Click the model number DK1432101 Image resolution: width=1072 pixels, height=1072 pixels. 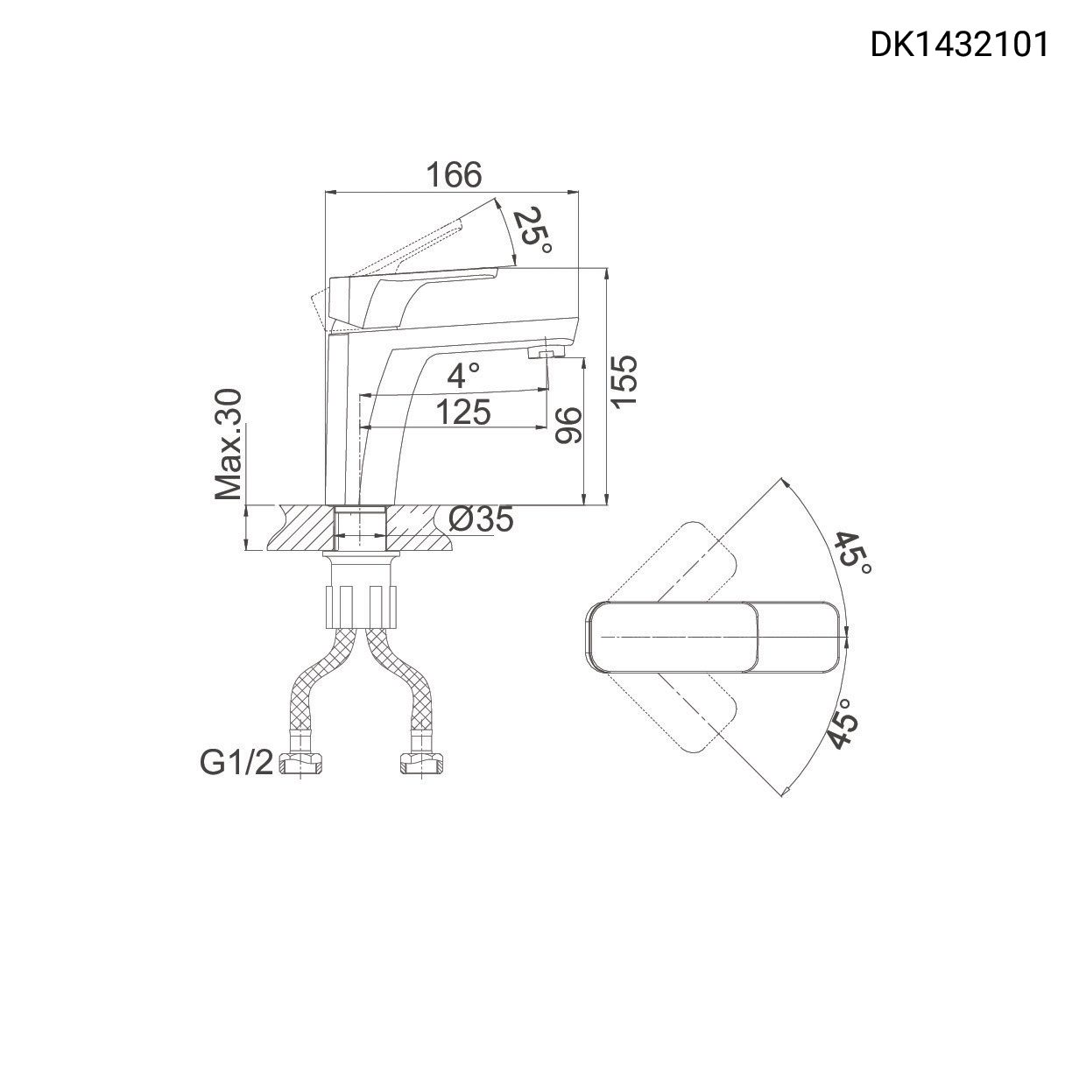click(x=958, y=44)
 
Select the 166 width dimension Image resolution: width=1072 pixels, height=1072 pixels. click(x=454, y=175)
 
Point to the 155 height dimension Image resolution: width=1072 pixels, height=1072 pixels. click(x=624, y=381)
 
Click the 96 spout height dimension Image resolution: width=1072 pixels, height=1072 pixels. click(x=568, y=426)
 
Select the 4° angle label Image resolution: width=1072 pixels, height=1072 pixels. click(x=463, y=376)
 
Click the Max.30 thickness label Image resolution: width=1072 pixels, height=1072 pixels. click(x=229, y=444)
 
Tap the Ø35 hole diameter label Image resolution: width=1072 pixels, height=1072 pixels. click(x=481, y=519)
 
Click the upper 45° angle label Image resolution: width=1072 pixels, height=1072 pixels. click(x=851, y=553)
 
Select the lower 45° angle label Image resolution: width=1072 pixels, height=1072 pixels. click(x=842, y=724)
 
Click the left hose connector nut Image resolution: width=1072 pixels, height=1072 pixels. click(x=301, y=765)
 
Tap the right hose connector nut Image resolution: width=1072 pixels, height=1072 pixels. click(x=422, y=765)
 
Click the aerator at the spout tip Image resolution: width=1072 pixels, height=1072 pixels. click(x=547, y=353)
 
